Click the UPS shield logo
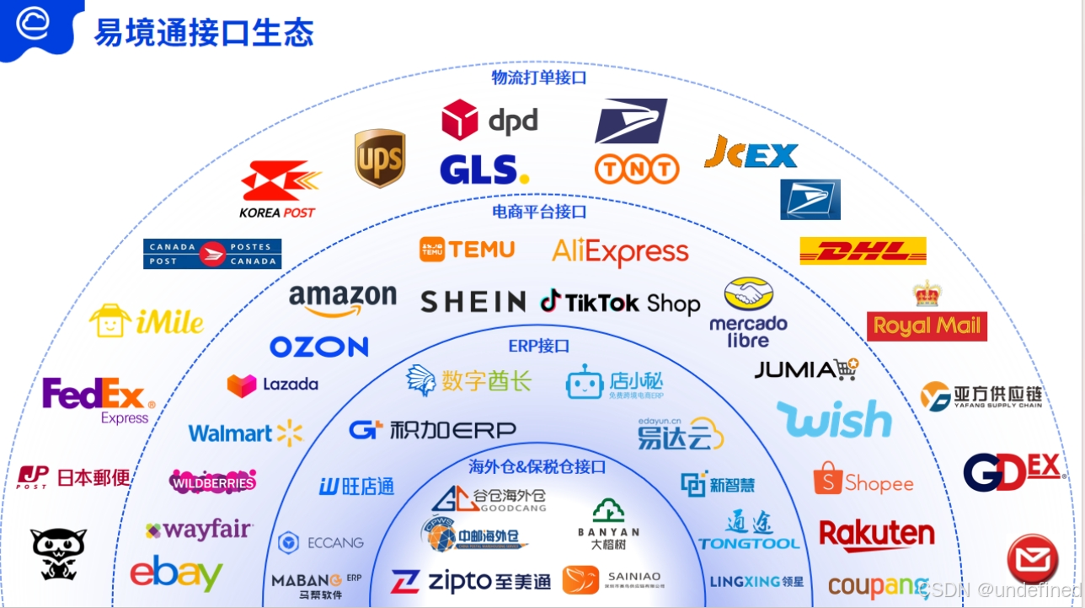coord(380,158)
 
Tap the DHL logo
coord(863,250)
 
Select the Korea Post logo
coord(279,190)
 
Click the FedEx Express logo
coord(99,400)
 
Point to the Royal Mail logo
coord(927,325)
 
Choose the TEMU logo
coord(467,250)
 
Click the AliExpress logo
coord(620,251)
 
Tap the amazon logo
coord(342,299)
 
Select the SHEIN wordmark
coord(473,302)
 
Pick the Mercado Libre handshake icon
coord(748,295)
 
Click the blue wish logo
coord(833,419)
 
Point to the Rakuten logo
coord(876,535)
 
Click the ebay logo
coord(176,573)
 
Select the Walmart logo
coord(245,433)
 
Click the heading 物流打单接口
coord(539,78)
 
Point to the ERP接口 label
coord(539,346)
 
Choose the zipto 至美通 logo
coord(470,582)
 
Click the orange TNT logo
coord(637,169)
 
